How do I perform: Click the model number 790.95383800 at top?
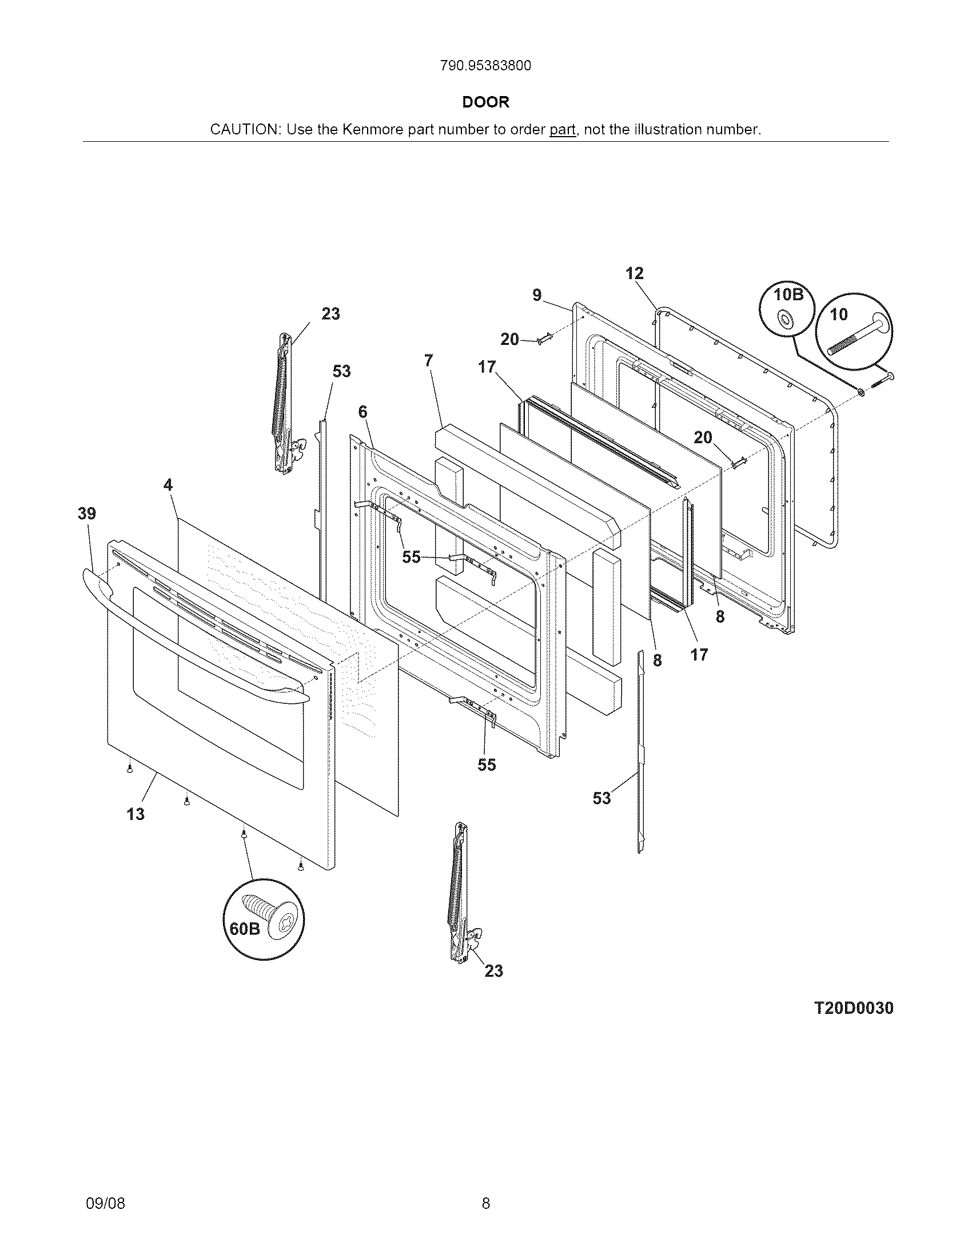pos(485,66)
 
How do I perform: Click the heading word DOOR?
pos(486,102)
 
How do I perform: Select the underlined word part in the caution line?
pos(562,130)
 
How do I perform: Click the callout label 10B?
pos(788,294)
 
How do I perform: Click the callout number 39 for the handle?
pos(87,513)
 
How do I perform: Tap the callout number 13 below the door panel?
pos(136,814)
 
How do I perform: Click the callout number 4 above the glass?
pos(168,485)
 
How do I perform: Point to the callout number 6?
pos(362,411)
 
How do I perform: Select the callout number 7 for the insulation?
pos(428,360)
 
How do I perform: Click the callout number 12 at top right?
pos(634,273)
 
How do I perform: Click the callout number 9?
pos(537,295)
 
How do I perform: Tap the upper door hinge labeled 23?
pos(283,403)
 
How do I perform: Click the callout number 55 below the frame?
pos(487,765)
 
